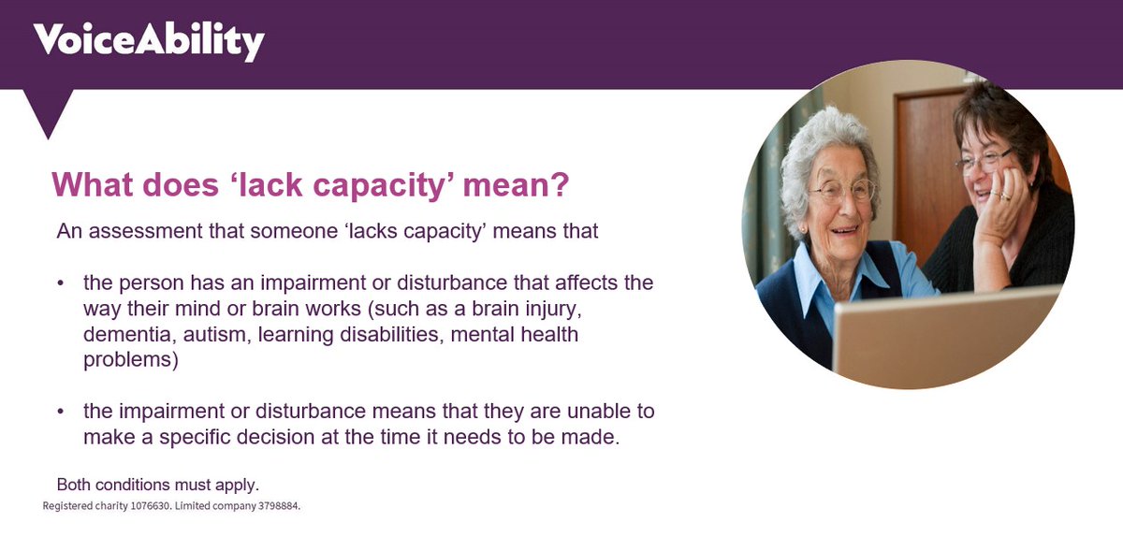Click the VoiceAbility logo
149,41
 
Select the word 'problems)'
130,360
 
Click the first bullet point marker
61,283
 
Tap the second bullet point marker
61,412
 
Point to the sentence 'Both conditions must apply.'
157,486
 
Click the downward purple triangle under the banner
48,110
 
